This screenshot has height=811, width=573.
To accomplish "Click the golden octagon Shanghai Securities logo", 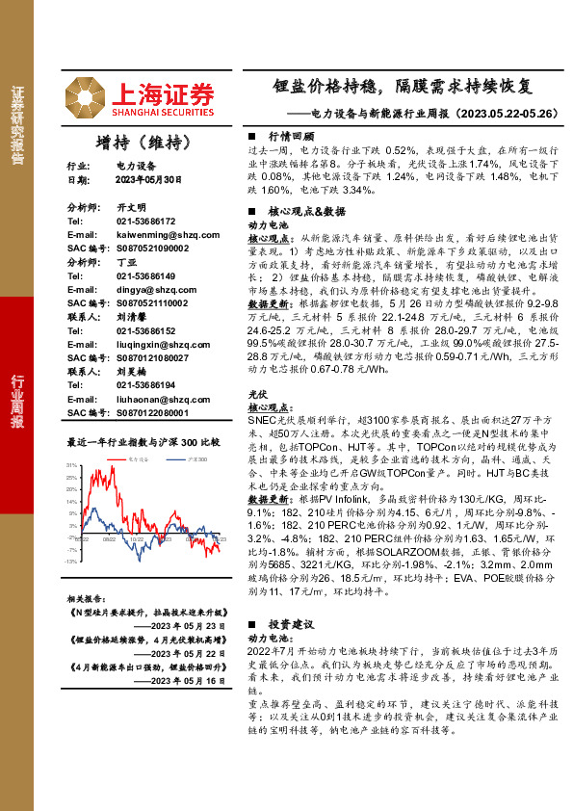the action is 86,96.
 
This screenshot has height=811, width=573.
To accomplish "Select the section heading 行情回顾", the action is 292,137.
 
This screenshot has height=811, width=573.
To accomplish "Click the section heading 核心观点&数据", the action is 305,210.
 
